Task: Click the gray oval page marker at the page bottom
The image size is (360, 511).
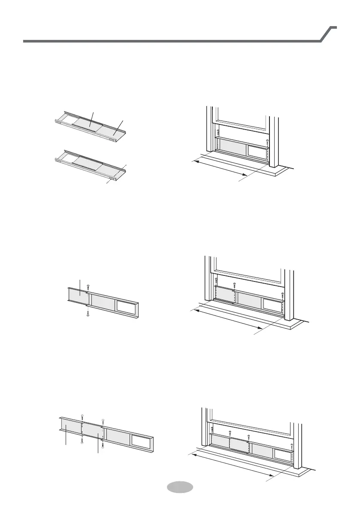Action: (179, 487)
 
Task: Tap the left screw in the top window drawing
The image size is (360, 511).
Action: (218, 132)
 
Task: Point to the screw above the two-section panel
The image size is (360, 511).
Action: (88, 286)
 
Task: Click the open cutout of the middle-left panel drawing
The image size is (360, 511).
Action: (127, 306)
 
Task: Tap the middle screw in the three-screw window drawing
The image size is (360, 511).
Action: (235, 284)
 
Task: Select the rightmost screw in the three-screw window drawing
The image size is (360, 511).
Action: (282, 295)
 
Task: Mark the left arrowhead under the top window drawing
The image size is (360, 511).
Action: (194, 160)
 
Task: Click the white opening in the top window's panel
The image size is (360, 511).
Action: (256, 151)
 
